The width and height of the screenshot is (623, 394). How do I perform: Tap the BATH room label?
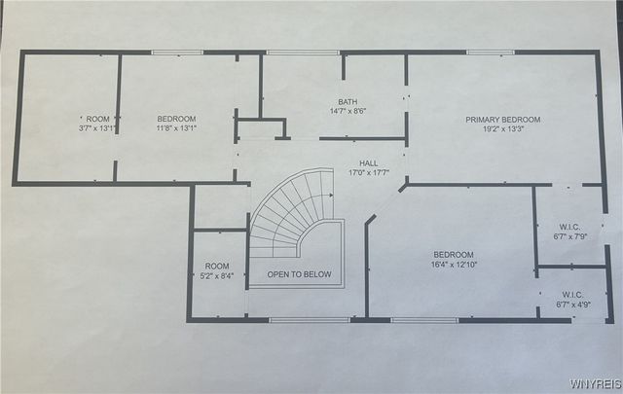348,101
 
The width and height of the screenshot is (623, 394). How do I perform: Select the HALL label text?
368,163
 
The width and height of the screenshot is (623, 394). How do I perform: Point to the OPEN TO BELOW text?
299,274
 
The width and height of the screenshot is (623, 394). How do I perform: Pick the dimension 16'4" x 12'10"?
454,265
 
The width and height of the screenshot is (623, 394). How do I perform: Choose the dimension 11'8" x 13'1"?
176,127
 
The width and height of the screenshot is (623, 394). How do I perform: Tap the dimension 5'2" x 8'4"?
217,275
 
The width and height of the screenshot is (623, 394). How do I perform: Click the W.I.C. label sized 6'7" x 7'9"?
571,225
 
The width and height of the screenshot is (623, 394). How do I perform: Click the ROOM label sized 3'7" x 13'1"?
98,119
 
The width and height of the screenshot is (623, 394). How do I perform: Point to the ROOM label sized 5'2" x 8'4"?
217,266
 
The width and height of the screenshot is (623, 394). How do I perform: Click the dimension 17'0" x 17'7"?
368,173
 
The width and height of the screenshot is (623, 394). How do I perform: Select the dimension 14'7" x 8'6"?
348,111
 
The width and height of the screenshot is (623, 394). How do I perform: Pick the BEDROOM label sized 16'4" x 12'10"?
454,255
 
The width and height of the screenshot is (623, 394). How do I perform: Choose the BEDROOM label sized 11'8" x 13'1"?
176,119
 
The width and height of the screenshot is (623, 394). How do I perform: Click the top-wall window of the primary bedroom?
490,53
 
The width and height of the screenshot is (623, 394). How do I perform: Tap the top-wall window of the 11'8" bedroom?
177,53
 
